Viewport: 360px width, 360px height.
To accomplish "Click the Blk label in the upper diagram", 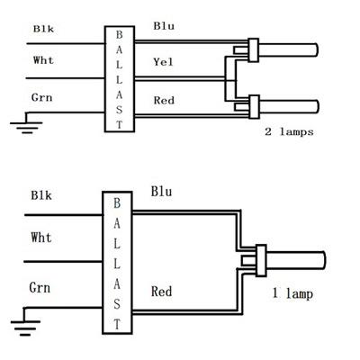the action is [x=43, y=29].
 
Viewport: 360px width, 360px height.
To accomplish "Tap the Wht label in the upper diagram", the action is [x=43, y=60].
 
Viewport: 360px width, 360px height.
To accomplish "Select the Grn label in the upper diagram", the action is [x=41, y=97].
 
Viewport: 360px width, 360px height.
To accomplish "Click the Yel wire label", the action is [x=163, y=62].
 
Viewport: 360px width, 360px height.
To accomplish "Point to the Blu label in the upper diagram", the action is [x=164, y=26].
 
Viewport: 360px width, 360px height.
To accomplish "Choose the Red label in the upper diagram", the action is [x=164, y=100].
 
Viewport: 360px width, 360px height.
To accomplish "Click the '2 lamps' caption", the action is [x=289, y=131].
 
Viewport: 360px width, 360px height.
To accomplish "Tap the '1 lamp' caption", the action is [x=292, y=293].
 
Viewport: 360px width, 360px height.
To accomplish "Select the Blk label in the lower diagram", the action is [x=41, y=195].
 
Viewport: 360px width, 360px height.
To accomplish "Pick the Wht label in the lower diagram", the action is [x=41, y=238].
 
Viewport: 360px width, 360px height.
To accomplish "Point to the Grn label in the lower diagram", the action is [x=40, y=288].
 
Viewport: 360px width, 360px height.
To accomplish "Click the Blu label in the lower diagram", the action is [x=161, y=192].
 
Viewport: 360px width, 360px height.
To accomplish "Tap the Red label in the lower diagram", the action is [x=161, y=292].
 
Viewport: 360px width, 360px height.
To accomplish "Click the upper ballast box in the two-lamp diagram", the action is [x=120, y=79].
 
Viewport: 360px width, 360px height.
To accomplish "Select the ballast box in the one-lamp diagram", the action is [x=117, y=263].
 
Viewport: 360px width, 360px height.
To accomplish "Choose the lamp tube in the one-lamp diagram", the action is [x=296, y=260].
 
